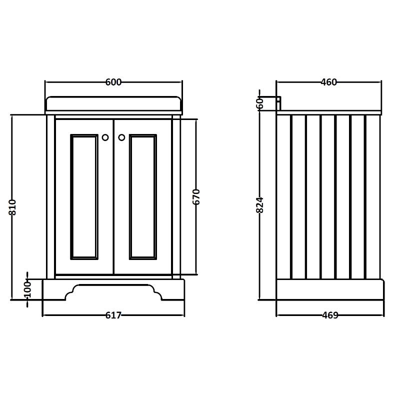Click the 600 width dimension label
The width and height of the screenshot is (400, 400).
[113, 82]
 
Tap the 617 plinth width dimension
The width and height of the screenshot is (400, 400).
[113, 315]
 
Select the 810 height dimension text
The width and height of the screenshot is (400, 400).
[13, 207]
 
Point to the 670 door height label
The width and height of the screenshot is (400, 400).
[196, 196]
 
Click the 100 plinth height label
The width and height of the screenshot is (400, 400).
[27, 289]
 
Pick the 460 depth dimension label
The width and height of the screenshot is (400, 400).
[328, 82]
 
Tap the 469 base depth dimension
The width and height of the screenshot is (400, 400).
[330, 315]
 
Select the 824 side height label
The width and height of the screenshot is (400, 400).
[259, 205]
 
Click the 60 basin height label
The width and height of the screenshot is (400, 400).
[259, 104]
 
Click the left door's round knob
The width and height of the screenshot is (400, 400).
[105, 137]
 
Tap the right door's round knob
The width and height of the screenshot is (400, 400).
[121, 137]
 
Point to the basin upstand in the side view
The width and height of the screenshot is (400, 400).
[278, 102]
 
